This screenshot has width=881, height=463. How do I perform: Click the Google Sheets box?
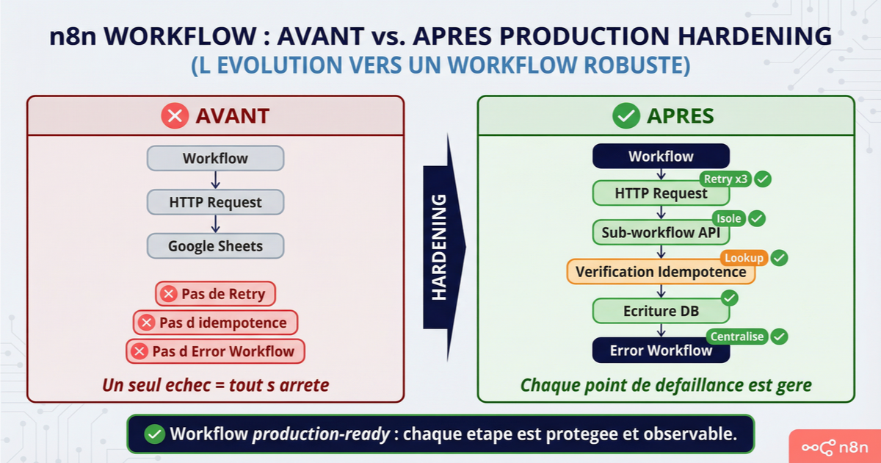coord(215,246)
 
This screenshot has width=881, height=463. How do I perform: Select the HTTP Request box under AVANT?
coord(215,202)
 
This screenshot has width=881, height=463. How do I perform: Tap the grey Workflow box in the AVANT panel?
coord(215,159)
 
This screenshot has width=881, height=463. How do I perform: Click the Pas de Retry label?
coord(215,294)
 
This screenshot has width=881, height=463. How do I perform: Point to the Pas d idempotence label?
coord(215,323)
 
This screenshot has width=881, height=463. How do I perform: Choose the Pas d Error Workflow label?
coord(215,351)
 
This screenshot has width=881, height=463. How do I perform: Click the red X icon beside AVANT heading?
coord(175,115)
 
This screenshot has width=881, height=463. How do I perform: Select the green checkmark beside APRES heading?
coord(626,115)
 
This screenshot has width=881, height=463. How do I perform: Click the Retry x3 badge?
coord(726,179)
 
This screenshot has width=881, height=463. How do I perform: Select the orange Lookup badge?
coord(744,258)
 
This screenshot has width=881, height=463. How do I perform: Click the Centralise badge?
coord(737,337)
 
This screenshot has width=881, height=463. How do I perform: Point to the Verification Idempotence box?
coord(660,272)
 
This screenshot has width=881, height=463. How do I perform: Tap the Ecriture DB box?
coord(660,311)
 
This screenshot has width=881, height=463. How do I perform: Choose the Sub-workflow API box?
coord(660,233)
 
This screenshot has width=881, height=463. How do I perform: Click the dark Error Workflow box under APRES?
coord(660,351)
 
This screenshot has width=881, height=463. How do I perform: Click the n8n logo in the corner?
coord(835,446)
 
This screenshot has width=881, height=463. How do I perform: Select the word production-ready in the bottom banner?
coord(321,434)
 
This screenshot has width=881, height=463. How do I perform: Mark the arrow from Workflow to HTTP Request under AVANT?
coord(215,180)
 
